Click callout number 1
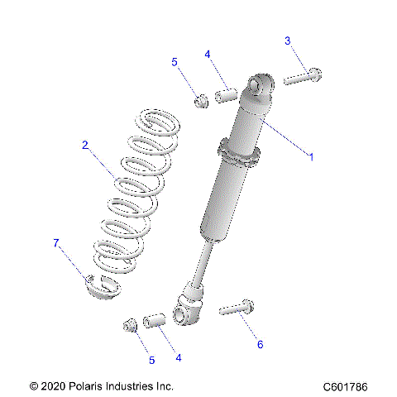coord(311,155)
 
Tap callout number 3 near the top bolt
coord(288,41)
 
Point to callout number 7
coord(56,242)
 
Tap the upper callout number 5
coord(175,62)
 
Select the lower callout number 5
coord(151,360)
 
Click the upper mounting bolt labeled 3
coord(302,78)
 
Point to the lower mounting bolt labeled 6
coord(237,310)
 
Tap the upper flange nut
coord(200,101)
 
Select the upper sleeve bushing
coord(227,94)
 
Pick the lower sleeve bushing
coord(155,319)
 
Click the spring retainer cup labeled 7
coord(101,289)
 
